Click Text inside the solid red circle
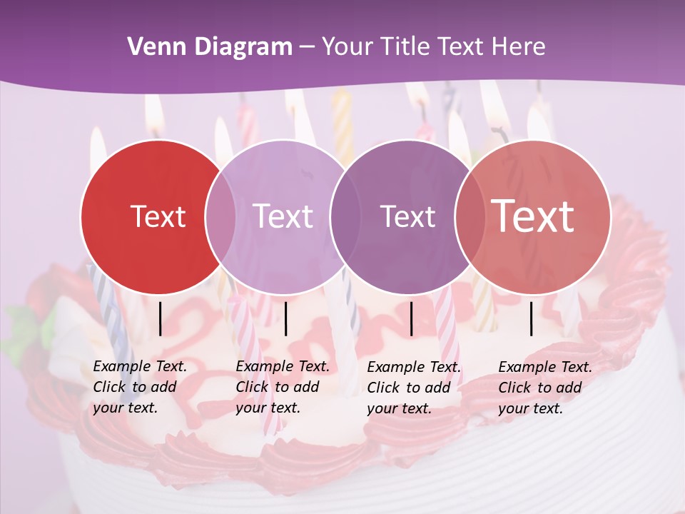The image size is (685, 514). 158,216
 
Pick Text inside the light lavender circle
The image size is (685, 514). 283,216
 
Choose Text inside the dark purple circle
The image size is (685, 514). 407,216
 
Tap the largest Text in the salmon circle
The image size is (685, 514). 533,216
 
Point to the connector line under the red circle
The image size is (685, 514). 160,318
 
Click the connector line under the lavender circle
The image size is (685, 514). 285,318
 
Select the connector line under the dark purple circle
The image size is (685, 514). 411,318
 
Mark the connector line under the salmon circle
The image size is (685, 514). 531,318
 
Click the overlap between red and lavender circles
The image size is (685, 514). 220,216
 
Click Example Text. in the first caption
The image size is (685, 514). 140,367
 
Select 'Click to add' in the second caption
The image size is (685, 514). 278,388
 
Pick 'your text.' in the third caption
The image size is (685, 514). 399,408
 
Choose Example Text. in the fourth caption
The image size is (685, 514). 545,367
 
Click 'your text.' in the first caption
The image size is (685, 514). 125,408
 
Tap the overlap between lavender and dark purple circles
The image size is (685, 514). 342,216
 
